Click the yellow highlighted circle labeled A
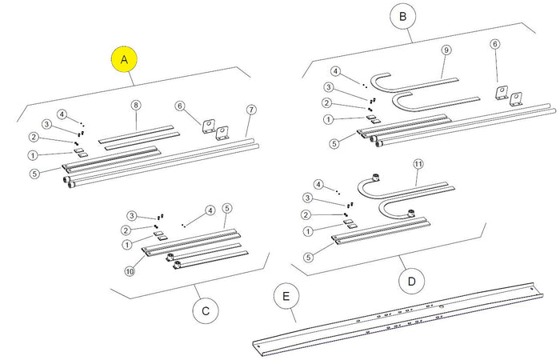[x=124, y=59]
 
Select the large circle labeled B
[x=402, y=15]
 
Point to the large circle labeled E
[x=285, y=297]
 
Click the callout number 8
[x=136, y=106]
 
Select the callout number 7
[x=251, y=108]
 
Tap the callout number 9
[x=446, y=50]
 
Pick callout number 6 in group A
[x=180, y=106]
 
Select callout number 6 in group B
[x=495, y=44]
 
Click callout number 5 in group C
[x=227, y=209]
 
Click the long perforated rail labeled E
[x=400, y=316]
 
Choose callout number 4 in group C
[x=210, y=210]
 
